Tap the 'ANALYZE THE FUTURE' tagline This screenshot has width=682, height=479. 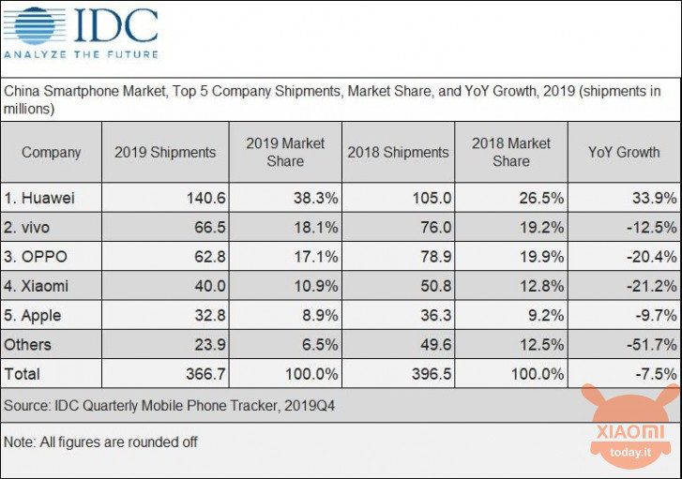pyautogui.click(x=81, y=54)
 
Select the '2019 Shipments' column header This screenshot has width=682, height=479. pyautogui.click(x=165, y=152)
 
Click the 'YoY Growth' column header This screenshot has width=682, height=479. pyautogui.click(x=624, y=152)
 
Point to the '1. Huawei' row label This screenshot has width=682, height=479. pyautogui.click(x=43, y=198)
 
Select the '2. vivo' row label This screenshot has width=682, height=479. pyautogui.click(x=36, y=227)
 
